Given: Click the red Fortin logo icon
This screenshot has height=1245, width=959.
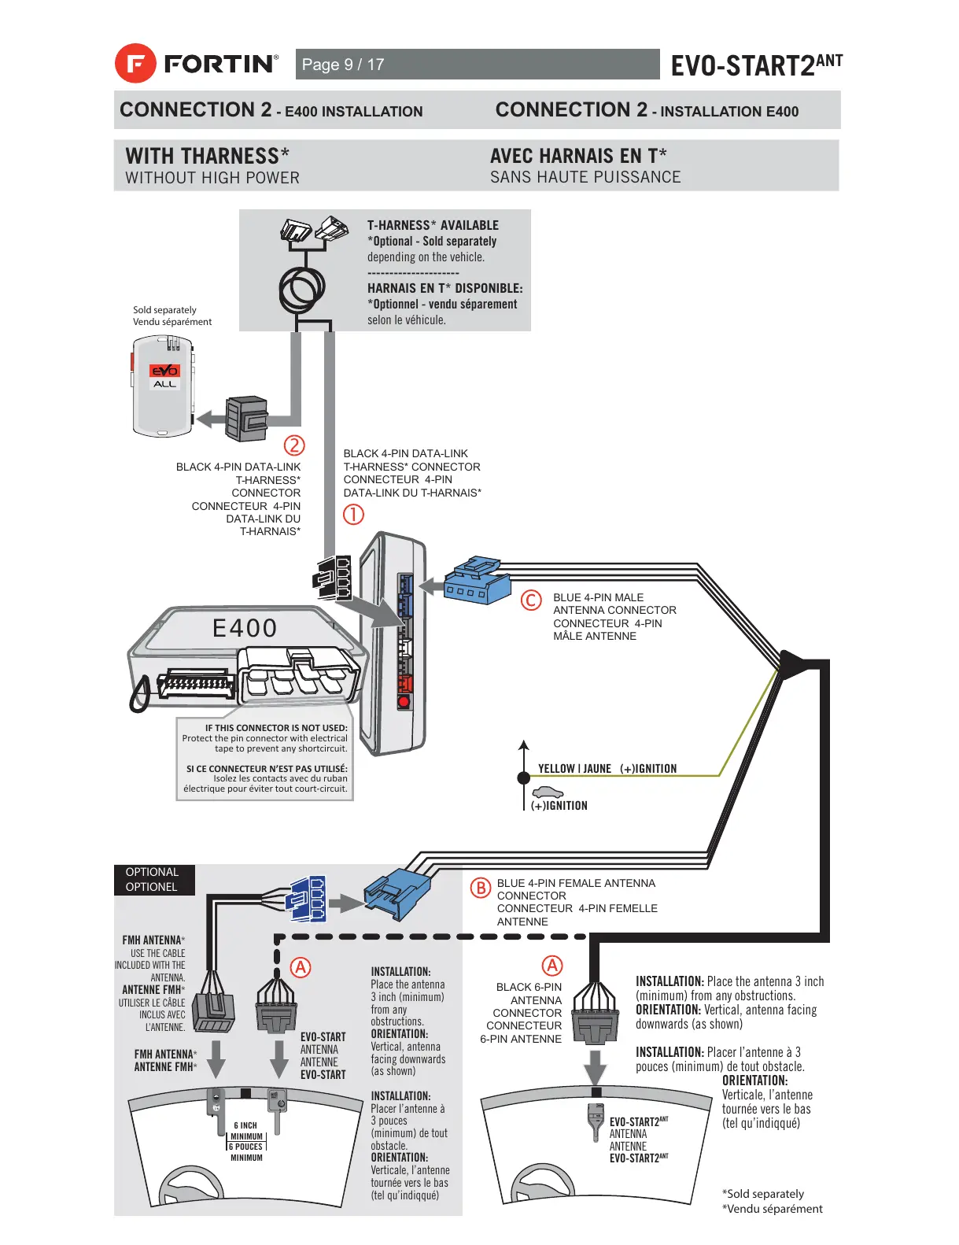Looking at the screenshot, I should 135,64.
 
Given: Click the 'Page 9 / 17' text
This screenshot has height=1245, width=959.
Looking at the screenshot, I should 343,65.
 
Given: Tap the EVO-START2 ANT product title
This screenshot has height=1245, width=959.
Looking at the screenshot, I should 755,65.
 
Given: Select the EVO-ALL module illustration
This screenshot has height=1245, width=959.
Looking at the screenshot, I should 163,386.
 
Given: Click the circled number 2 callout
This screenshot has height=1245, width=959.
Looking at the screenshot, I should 293,445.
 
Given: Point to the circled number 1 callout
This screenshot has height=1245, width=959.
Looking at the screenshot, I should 353,515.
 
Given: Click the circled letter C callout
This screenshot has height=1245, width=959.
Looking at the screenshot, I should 532,600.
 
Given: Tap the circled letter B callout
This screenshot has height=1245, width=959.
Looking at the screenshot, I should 480,888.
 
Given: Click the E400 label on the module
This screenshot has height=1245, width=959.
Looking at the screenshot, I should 245,628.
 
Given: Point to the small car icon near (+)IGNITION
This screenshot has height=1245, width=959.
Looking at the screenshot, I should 548,792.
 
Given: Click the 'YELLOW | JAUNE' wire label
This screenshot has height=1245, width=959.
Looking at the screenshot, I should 574,769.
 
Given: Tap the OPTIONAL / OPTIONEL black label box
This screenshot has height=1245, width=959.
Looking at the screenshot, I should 153,880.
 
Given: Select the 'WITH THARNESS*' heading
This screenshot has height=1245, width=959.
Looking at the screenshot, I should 207,156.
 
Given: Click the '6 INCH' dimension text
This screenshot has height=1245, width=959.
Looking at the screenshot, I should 245,1125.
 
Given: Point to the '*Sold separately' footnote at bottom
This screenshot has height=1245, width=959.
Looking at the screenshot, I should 763,1194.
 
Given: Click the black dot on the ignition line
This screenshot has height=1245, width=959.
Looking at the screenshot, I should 523,778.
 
